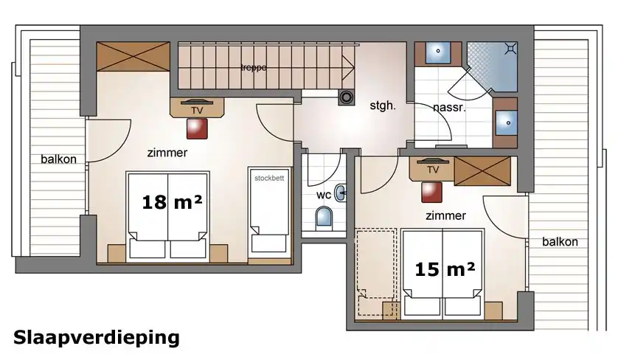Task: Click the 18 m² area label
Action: click(x=173, y=202)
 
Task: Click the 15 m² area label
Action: click(x=445, y=269)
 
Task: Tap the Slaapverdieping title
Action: click(x=97, y=339)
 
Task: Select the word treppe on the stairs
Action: click(x=254, y=68)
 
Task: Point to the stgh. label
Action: click(x=382, y=105)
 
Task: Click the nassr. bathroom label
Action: click(x=449, y=108)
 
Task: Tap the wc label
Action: click(x=324, y=195)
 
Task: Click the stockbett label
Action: click(x=269, y=179)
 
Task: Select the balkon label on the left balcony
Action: click(x=59, y=159)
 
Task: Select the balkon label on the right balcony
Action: click(x=560, y=242)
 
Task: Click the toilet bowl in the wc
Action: click(x=324, y=218)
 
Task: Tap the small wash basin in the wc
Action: click(x=341, y=193)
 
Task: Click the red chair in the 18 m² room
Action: click(x=197, y=128)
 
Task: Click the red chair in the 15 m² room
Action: click(x=431, y=193)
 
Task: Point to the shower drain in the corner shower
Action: click(x=510, y=49)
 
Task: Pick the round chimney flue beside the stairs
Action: click(x=347, y=97)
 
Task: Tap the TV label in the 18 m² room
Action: click(x=197, y=111)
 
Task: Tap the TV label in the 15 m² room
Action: click(x=433, y=170)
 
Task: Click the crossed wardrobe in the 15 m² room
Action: click(x=482, y=170)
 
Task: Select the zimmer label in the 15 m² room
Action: click(x=445, y=215)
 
